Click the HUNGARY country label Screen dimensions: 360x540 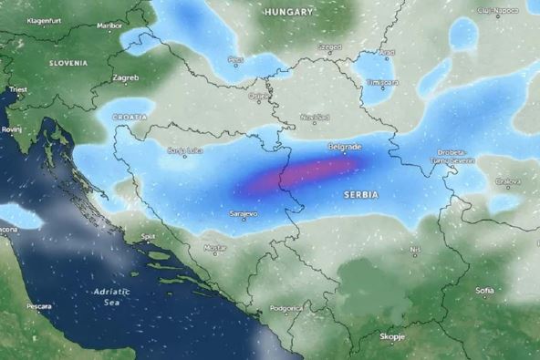288,12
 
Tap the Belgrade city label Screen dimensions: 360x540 345,147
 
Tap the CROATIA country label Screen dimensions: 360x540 129,118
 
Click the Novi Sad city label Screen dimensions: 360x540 315,117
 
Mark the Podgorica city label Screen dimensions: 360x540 286,308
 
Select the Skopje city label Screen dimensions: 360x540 391,337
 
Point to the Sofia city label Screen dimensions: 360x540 484,290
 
